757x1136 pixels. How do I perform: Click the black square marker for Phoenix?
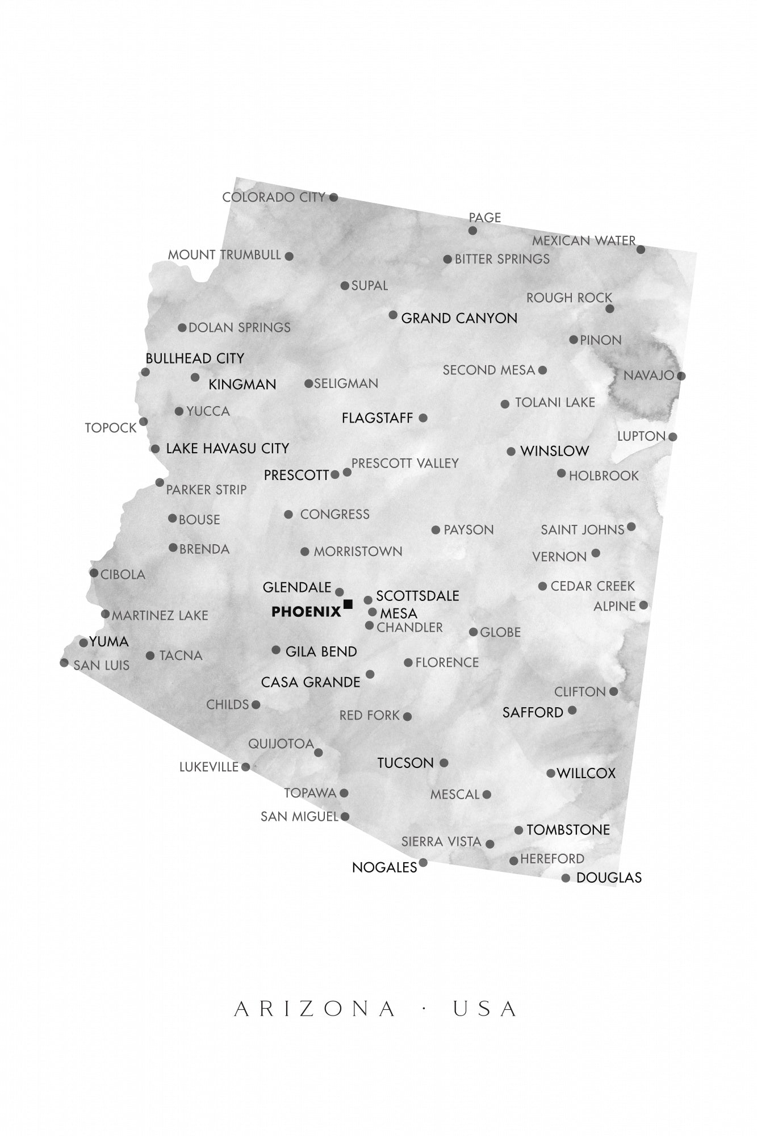pyautogui.click(x=348, y=604)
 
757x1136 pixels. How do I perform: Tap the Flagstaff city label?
pyautogui.click(x=377, y=418)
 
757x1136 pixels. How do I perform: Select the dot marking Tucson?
pyautogui.click(x=444, y=763)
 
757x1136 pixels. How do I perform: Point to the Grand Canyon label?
pyautogui.click(x=459, y=318)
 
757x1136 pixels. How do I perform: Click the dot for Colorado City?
pyautogui.click(x=333, y=198)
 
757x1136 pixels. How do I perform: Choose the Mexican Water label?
pyautogui.click(x=583, y=241)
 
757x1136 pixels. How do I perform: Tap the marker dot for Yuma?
pyautogui.click(x=83, y=643)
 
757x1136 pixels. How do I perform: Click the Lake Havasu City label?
pyautogui.click(x=227, y=448)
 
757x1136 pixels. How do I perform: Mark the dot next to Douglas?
pyautogui.click(x=566, y=878)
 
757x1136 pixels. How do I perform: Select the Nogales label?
pyautogui.click(x=384, y=867)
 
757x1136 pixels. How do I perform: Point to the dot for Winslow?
pyautogui.click(x=511, y=452)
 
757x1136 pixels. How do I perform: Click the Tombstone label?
pyautogui.click(x=568, y=830)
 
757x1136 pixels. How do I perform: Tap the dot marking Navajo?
pyautogui.click(x=681, y=376)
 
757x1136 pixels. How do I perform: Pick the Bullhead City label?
pyautogui.click(x=195, y=358)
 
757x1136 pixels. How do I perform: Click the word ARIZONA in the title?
pyautogui.click(x=315, y=1009)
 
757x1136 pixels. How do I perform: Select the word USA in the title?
pyautogui.click(x=484, y=1009)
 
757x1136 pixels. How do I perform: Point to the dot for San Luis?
pyautogui.click(x=64, y=663)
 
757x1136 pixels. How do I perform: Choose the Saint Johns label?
pyautogui.click(x=582, y=530)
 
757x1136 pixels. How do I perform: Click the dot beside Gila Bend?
pyautogui.click(x=276, y=650)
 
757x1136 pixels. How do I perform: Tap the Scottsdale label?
pyautogui.click(x=417, y=596)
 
